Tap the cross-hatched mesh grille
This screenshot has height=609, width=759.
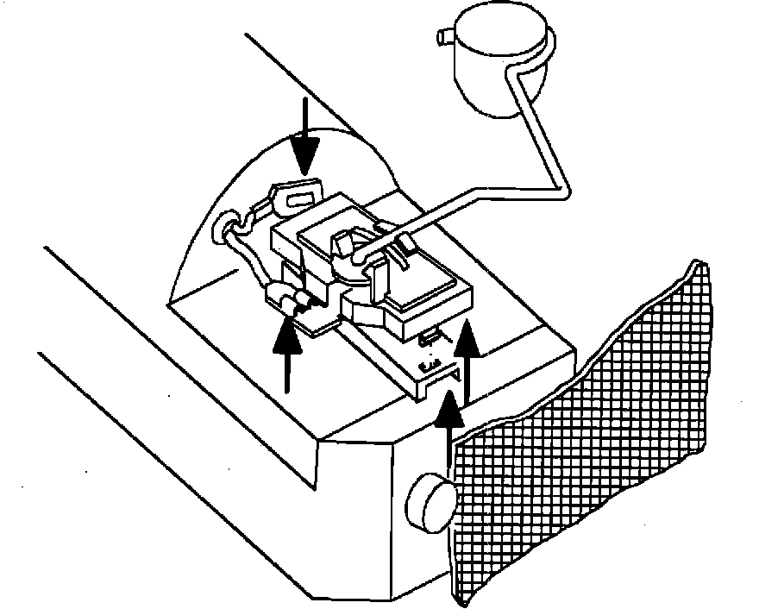tap(586, 431)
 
